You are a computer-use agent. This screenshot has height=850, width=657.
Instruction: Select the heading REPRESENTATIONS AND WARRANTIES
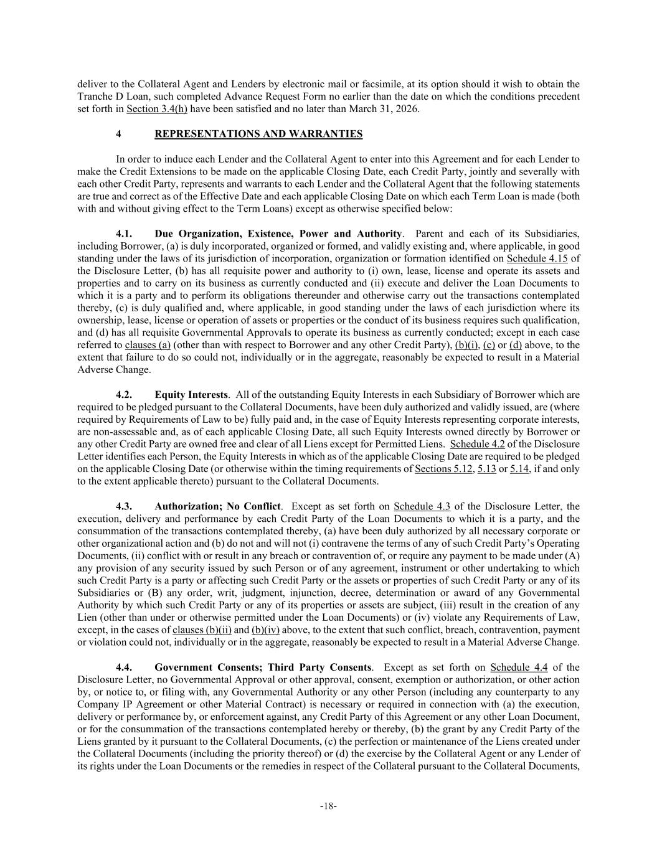pyautogui.click(x=258, y=134)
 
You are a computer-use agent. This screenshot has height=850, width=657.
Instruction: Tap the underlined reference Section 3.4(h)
pyautogui.click(x=156, y=109)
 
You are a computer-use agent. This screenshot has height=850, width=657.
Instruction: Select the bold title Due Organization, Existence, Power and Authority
pyautogui.click(x=278, y=234)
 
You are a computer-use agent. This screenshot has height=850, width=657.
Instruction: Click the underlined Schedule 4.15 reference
pyautogui.click(x=537, y=258)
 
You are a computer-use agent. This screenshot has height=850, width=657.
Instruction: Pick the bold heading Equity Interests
pyautogui.click(x=191, y=395)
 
